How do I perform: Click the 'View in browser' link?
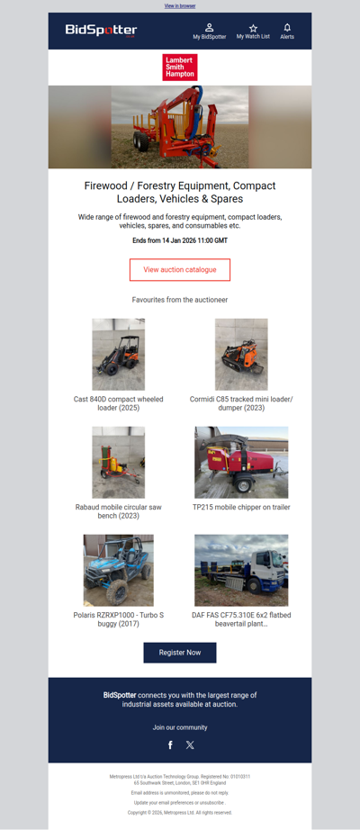180,5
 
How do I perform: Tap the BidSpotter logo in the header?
101,31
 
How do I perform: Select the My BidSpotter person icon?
210,28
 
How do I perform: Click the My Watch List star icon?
253,28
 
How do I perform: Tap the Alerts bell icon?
287,28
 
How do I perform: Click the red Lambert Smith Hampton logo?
180,68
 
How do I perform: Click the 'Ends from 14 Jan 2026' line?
180,241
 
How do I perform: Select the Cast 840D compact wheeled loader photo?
119,354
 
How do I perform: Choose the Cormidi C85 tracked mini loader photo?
241,354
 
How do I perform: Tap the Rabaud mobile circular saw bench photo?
119,462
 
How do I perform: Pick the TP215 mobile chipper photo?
241,462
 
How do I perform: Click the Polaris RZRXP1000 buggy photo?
119,570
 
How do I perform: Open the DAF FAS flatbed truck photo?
241,570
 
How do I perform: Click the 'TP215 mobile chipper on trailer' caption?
241,508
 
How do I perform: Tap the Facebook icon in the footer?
170,744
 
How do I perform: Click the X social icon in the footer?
190,744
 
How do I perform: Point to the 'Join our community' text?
180,727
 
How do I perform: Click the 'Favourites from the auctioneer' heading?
180,300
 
